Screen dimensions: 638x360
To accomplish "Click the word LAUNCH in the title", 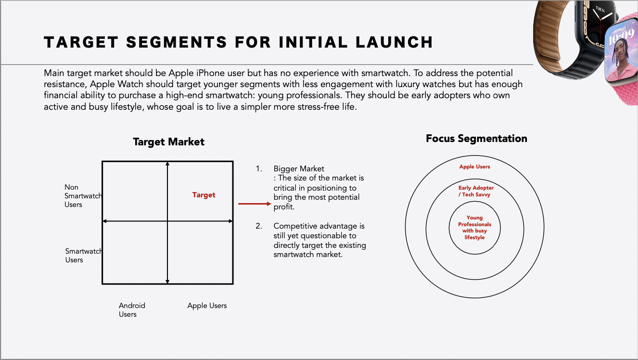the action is click(394, 42).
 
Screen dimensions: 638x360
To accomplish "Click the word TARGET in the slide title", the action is click(81, 42).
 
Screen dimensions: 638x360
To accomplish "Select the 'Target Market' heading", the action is click(168, 142).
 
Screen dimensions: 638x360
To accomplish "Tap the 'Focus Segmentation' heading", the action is click(476, 139).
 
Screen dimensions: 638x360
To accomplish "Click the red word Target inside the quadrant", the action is click(204, 195).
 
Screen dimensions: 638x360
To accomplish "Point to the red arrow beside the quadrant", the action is click(255, 204).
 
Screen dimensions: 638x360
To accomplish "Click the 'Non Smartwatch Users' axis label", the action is click(83, 196).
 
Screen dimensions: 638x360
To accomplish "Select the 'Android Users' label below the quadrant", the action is click(132, 309).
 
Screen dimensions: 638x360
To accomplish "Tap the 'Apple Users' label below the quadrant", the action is click(207, 306).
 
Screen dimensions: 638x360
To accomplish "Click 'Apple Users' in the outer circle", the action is click(474, 167).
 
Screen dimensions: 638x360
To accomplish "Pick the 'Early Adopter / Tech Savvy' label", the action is click(476, 191).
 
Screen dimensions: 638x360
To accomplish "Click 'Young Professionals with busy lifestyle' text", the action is click(474, 227).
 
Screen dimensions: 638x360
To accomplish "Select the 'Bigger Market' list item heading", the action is click(299, 168).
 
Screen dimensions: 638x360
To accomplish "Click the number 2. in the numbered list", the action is click(259, 226).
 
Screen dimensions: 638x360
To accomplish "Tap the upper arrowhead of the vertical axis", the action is click(167, 164).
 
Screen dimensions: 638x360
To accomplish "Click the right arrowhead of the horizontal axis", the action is click(230, 221).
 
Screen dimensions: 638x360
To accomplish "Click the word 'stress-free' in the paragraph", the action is click(319, 107).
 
